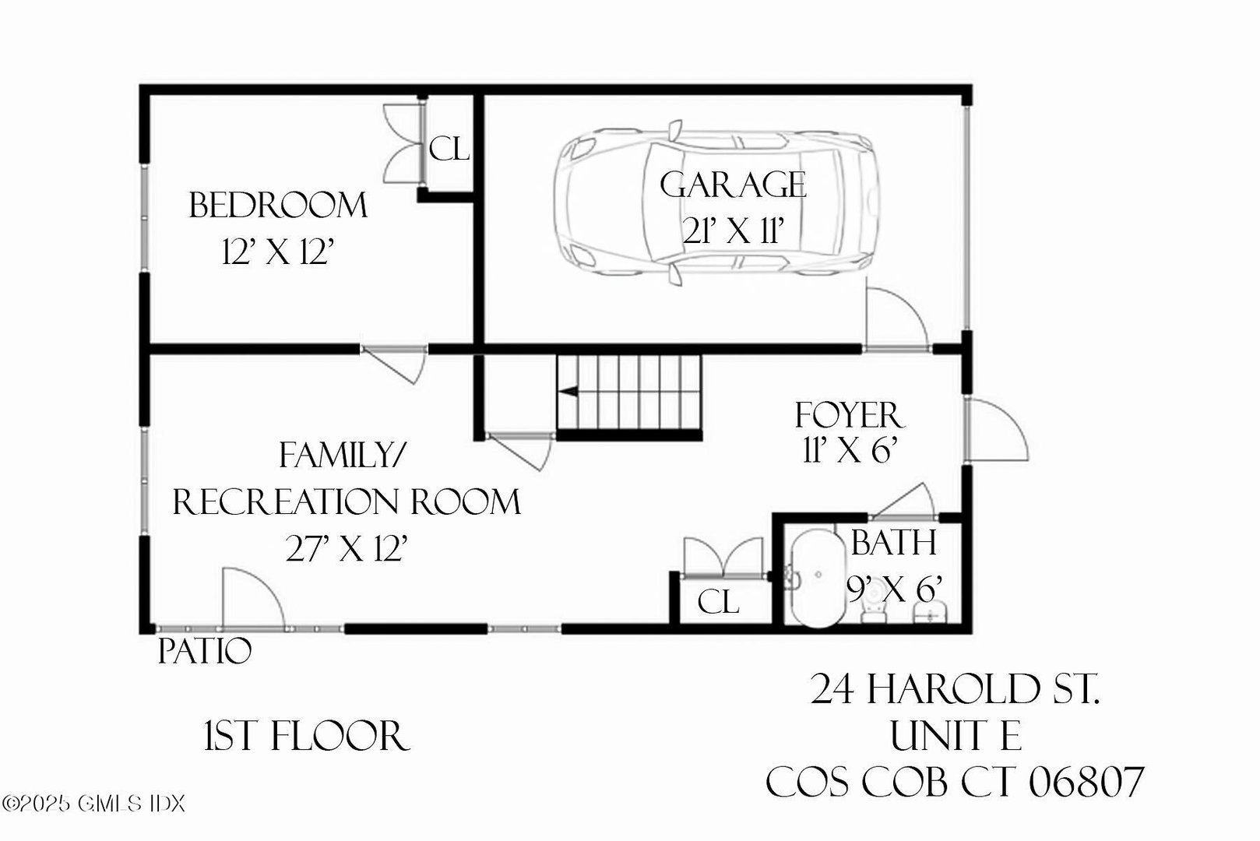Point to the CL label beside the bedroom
click(449, 148)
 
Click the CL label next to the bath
click(717, 602)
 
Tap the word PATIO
click(204, 651)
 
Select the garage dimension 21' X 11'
click(731, 230)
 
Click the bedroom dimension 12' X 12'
click(278, 252)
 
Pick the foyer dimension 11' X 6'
click(850, 449)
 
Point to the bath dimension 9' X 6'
click(896, 589)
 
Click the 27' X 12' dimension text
click(347, 550)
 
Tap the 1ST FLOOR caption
click(306, 736)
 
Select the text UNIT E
click(956, 736)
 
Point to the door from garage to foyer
click(896, 319)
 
